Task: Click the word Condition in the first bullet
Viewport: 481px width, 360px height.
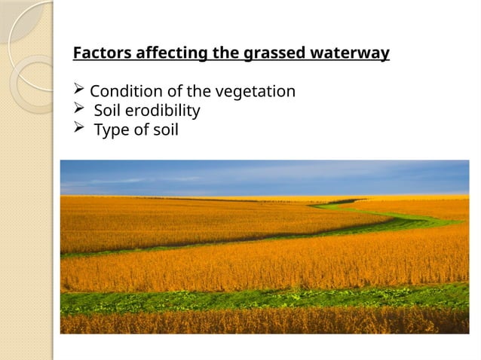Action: tap(123, 92)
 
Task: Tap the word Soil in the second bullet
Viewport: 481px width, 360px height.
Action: tap(106, 111)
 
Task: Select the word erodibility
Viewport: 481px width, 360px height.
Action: tap(161, 111)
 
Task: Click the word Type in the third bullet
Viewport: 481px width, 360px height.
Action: tap(110, 130)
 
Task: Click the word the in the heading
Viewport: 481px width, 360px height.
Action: tap(212, 54)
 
